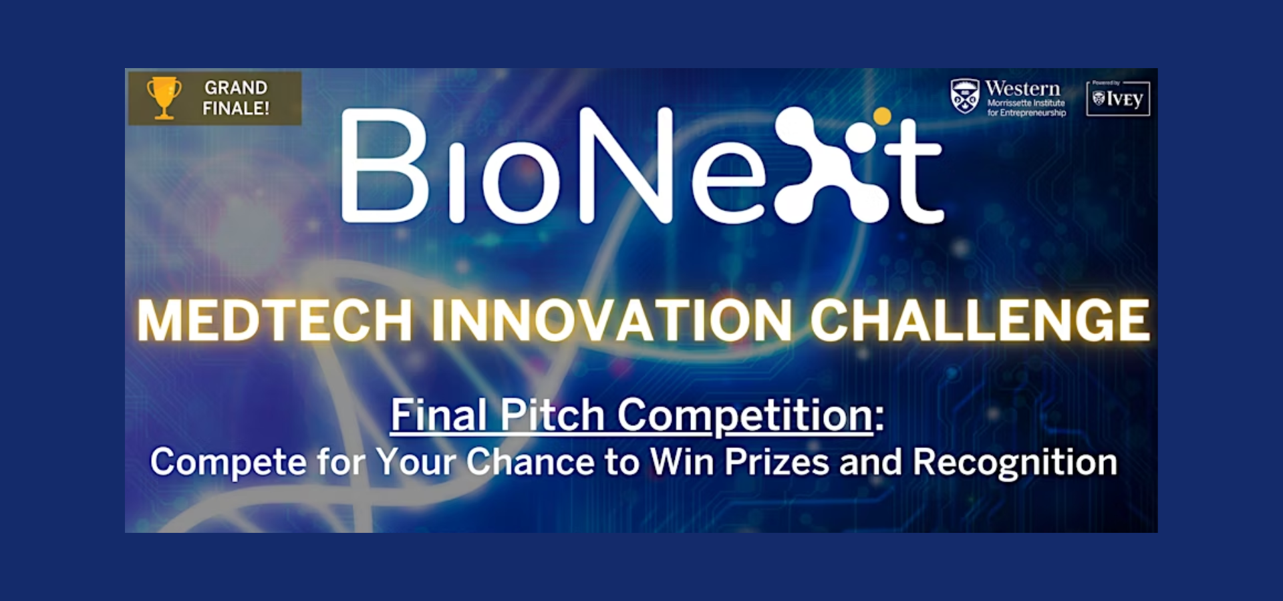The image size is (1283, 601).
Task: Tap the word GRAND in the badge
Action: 236,87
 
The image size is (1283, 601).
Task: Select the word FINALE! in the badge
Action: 236,108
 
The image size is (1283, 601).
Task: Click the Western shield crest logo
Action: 965,96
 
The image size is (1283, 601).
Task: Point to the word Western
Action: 1022,88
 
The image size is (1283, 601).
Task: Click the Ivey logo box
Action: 1118,99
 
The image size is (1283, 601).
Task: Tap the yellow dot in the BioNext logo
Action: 882,116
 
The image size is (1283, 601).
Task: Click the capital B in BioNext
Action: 384,166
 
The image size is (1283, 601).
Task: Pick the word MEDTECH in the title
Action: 275,321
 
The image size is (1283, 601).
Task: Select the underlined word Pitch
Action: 553,415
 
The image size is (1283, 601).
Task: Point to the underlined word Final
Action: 440,415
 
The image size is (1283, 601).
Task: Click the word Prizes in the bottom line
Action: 777,461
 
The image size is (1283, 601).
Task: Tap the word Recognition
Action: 1015,463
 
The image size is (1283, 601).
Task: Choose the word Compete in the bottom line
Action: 228,463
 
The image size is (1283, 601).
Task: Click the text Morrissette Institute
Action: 1026,103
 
